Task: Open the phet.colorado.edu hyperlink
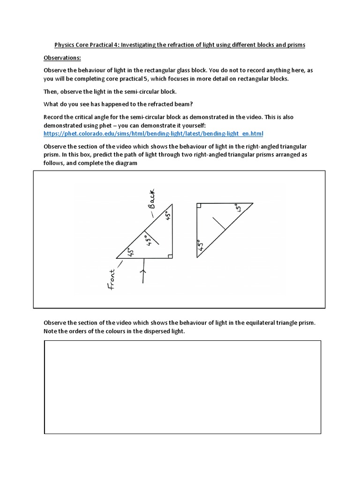coord(153,133)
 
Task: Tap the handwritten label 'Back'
coord(154,198)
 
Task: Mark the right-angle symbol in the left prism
coord(170,255)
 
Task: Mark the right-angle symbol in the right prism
coord(199,205)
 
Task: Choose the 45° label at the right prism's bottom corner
coord(201,246)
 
